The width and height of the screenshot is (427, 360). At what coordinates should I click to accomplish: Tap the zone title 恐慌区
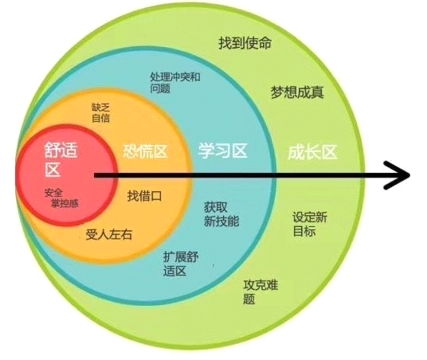(145, 151)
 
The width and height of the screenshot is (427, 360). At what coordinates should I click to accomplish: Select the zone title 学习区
(223, 151)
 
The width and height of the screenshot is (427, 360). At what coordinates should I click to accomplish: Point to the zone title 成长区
(312, 151)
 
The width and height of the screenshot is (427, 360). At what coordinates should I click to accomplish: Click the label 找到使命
(245, 43)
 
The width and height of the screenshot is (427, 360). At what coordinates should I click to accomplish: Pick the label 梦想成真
(297, 92)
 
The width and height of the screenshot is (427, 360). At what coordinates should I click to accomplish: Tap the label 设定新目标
(310, 224)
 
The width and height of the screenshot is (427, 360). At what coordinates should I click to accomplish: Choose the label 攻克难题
(261, 292)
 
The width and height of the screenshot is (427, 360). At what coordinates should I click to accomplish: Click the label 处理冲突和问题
(175, 83)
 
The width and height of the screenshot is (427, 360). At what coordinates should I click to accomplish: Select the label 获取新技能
(221, 214)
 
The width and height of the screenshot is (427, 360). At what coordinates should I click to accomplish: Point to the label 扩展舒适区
(181, 264)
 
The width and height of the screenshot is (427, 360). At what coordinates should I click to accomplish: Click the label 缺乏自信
(100, 113)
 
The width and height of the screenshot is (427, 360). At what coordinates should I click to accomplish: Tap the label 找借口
(144, 196)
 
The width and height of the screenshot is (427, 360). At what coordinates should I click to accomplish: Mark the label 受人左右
(109, 234)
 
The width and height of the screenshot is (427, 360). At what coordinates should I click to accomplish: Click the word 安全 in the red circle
(53, 193)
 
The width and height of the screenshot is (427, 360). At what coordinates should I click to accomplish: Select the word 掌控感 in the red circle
(65, 203)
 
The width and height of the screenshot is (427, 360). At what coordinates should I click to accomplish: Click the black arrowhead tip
(409, 175)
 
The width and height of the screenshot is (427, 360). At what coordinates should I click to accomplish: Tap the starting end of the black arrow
(95, 176)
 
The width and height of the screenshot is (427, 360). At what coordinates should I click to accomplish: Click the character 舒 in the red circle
(53, 150)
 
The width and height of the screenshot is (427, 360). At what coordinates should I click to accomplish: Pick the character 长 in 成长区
(312, 151)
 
